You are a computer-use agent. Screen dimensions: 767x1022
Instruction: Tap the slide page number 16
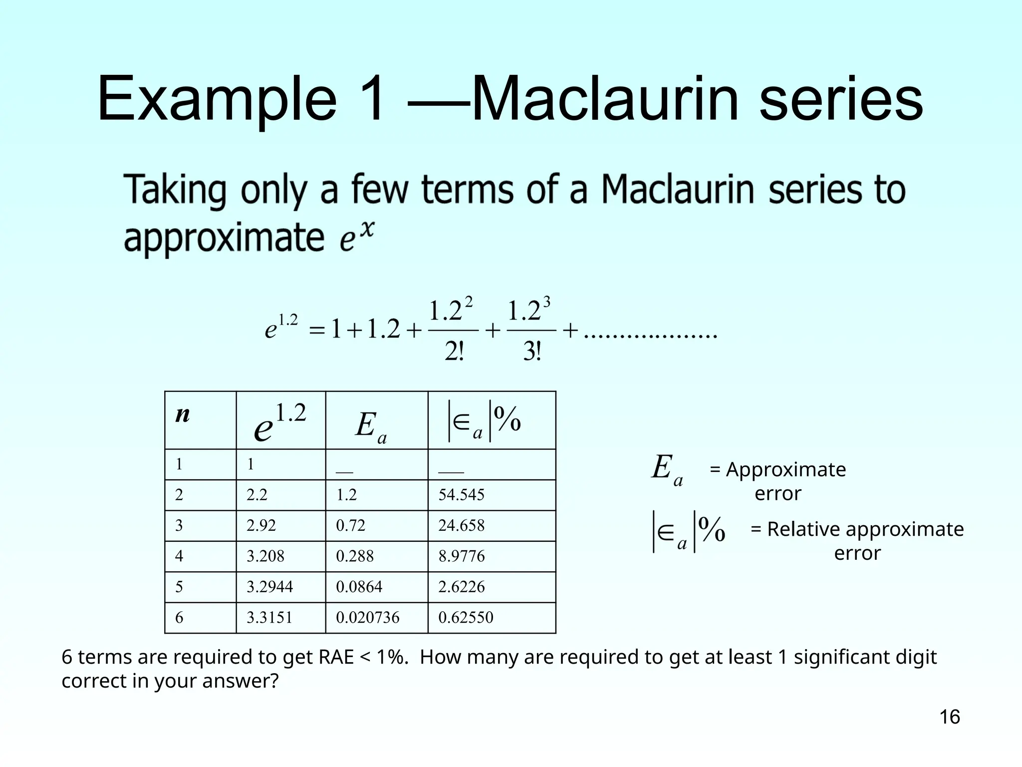coord(949,717)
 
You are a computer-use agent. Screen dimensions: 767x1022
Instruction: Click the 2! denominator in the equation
coord(454,353)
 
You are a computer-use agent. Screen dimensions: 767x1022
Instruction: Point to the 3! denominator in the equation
coord(532,353)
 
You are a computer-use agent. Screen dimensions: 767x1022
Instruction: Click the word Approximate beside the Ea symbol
coord(785,470)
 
